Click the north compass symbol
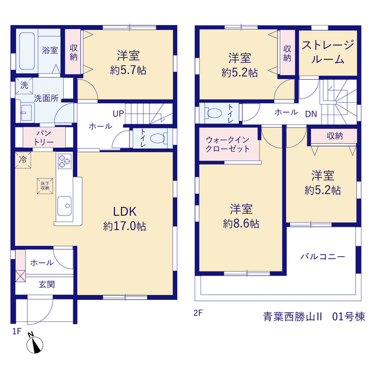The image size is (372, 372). pyautogui.click(x=35, y=344)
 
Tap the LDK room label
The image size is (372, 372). pyautogui.click(x=125, y=212)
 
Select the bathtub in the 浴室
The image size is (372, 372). pyautogui.click(x=27, y=51)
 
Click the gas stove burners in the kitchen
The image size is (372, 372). pyautogui.click(x=65, y=161)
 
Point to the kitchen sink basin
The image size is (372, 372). pyautogui.click(x=65, y=206)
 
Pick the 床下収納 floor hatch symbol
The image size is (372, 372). pyautogui.click(x=45, y=186)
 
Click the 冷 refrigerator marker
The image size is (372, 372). pyautogui.click(x=23, y=160)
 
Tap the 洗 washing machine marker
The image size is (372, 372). pyautogui.click(x=24, y=85)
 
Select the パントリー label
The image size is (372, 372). pyautogui.click(x=44, y=137)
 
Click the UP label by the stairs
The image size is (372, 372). pyautogui.click(x=119, y=114)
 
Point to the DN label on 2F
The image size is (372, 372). pyautogui.click(x=311, y=115)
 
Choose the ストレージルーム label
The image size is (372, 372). pyautogui.click(x=328, y=52)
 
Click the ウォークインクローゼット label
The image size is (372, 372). pyautogui.click(x=227, y=144)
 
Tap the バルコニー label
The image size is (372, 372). pyautogui.click(x=323, y=256)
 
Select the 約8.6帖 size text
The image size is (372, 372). pyautogui.click(x=241, y=223)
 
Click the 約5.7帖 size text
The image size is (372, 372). pyautogui.click(x=128, y=70)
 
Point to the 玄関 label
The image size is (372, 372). pyautogui.click(x=46, y=284)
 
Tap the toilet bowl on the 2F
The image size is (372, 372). pyautogui.click(x=214, y=113)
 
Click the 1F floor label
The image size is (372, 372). pyautogui.click(x=17, y=331)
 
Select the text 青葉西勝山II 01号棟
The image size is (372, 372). pyautogui.click(x=314, y=317)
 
